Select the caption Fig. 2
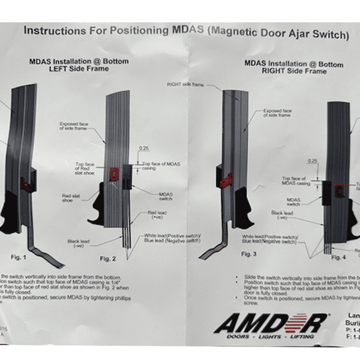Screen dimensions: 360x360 tap(107, 259)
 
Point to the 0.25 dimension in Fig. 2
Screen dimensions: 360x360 tap(144, 147)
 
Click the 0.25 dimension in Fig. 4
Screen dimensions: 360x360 tap(311, 161)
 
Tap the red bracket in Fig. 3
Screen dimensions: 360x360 tap(226, 179)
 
